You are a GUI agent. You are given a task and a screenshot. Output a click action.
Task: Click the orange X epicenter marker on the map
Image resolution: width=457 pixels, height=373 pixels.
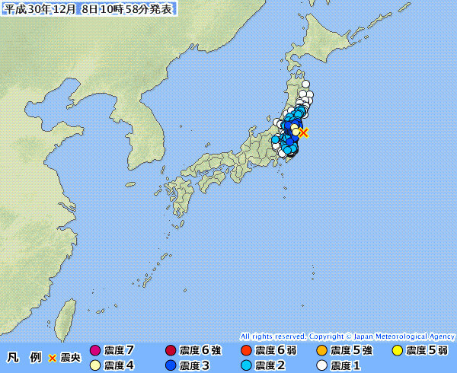point(303,132)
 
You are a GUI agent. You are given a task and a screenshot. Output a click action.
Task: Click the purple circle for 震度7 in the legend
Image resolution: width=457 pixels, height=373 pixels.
point(95,351)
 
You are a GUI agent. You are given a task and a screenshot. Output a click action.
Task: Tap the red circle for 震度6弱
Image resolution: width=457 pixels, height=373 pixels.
point(246,351)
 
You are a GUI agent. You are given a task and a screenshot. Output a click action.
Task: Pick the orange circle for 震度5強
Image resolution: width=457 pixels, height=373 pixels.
point(321,351)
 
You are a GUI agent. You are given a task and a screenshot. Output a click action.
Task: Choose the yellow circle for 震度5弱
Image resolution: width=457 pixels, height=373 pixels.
point(397,351)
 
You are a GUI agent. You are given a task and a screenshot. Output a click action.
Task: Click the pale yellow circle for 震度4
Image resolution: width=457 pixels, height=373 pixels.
point(95,365)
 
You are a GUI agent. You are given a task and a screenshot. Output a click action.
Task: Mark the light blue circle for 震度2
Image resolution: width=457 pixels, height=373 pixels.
point(246,365)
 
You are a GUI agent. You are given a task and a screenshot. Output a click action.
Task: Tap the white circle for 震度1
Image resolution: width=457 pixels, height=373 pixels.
point(321,365)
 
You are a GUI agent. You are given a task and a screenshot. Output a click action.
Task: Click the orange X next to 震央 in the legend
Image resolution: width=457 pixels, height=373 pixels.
point(53,358)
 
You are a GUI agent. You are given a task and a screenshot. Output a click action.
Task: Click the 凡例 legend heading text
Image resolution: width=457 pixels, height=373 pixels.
point(24,357)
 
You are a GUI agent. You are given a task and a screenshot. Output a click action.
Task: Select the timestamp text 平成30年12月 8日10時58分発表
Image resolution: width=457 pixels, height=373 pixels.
point(89,9)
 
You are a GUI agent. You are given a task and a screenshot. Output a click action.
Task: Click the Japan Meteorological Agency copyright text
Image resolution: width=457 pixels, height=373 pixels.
point(347,336)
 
